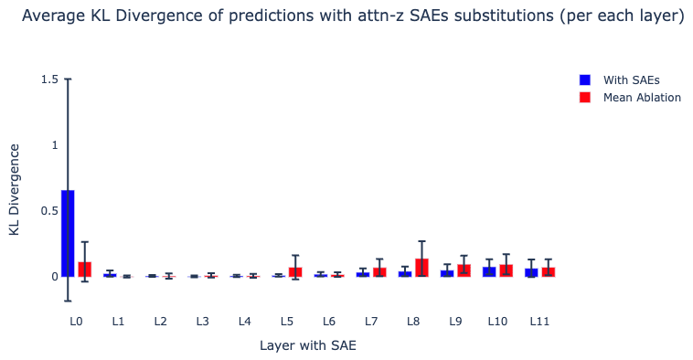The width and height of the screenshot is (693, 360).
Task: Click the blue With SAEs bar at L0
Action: [68, 233]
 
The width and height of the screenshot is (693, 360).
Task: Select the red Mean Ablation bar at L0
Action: [85, 270]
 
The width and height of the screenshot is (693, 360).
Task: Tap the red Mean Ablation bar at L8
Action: [421, 268]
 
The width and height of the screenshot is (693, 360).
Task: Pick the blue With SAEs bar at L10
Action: [489, 271]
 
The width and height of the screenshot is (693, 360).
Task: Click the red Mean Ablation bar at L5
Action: [295, 272]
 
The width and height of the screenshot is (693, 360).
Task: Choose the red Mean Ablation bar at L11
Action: [549, 272]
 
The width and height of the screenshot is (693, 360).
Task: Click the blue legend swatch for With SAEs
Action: [585, 80]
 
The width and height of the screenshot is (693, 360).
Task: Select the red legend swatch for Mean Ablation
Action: [585, 97]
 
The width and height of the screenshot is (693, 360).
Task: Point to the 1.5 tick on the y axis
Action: [49, 79]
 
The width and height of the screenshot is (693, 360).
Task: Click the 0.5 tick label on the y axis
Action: [49, 211]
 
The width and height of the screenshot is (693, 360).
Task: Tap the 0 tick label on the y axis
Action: [55, 277]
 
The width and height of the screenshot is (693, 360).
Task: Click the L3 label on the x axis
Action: [202, 321]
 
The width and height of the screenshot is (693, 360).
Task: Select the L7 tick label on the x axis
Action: [371, 321]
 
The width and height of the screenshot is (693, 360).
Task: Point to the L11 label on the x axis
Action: [539, 321]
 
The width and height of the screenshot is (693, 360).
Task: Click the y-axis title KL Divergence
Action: [14, 189]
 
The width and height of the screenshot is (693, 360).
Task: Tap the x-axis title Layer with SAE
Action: [308, 345]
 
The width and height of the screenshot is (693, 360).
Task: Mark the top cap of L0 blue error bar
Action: [68, 79]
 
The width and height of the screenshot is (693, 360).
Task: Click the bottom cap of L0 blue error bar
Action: [68, 301]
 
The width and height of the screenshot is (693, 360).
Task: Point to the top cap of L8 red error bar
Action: [421, 241]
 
